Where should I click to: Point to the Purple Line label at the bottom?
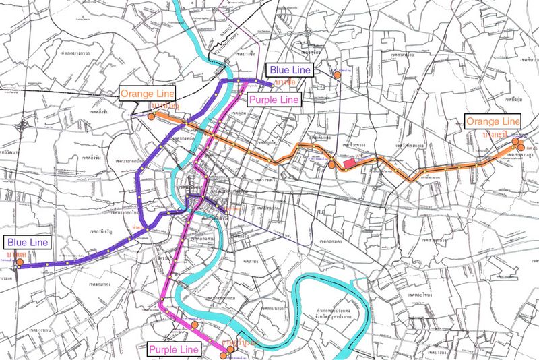point(174,349)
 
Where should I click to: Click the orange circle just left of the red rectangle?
point(332,164)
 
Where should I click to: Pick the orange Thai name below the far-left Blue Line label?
point(16,252)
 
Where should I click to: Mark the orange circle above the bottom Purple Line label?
point(195,325)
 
